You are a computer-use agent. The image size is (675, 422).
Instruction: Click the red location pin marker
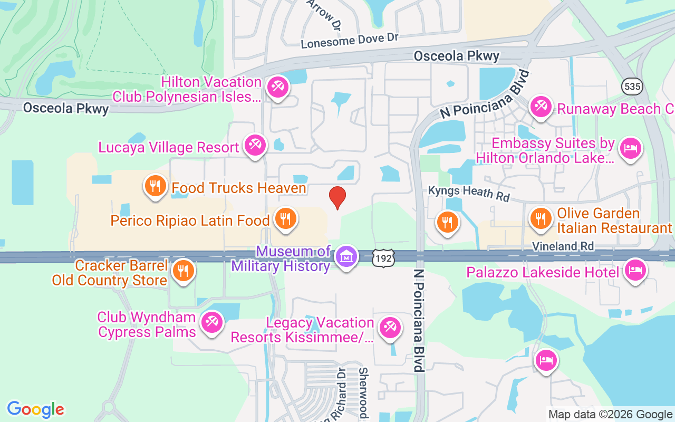(x=337, y=198)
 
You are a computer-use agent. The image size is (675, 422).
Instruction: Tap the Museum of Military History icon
(x=346, y=257)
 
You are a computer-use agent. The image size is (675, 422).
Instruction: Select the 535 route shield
(x=631, y=87)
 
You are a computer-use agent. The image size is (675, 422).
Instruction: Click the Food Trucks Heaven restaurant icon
(x=155, y=187)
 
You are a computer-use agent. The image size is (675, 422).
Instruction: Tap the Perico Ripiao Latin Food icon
(x=285, y=218)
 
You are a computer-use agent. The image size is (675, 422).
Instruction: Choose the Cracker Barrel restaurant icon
(x=183, y=271)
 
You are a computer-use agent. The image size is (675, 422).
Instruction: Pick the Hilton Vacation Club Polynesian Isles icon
(x=277, y=87)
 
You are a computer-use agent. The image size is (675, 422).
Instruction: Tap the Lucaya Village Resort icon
(x=256, y=145)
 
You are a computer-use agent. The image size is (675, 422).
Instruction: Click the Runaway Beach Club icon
(x=541, y=107)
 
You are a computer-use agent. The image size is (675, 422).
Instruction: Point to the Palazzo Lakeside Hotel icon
(x=635, y=271)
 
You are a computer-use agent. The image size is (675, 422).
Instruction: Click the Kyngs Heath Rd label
(x=469, y=193)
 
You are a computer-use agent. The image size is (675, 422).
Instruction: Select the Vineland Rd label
(x=563, y=246)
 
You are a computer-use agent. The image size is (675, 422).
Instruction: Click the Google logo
(x=36, y=409)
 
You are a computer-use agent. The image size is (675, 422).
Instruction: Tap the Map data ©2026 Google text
(x=610, y=415)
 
